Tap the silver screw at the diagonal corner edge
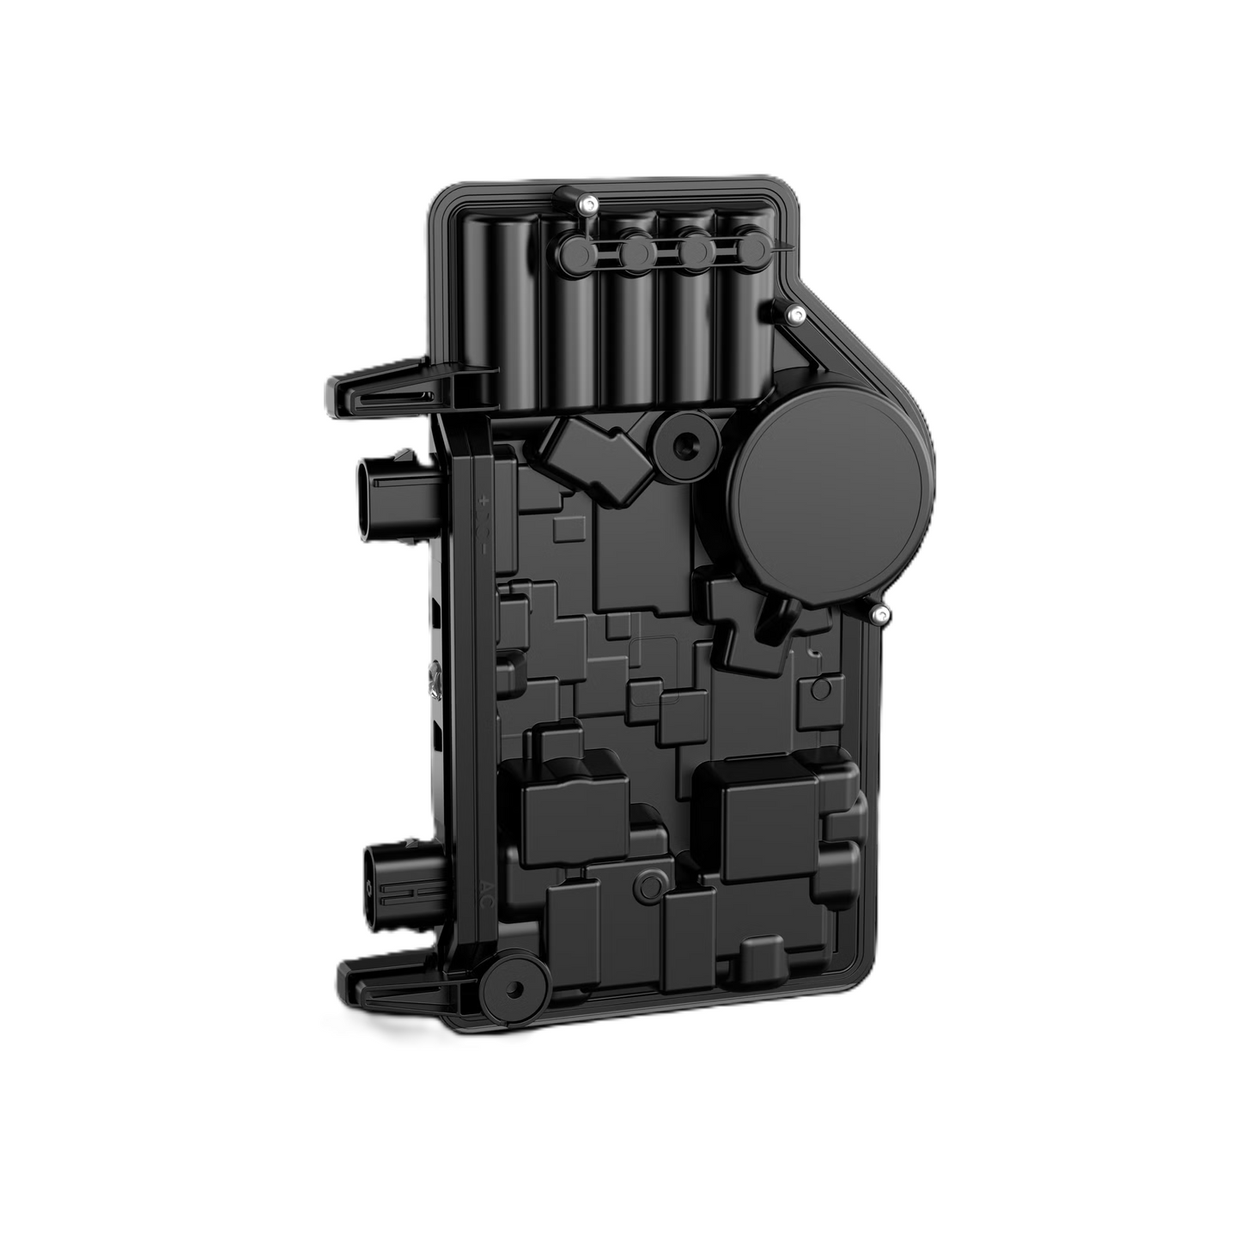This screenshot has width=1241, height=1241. [796, 315]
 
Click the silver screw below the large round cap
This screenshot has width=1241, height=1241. [879, 613]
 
